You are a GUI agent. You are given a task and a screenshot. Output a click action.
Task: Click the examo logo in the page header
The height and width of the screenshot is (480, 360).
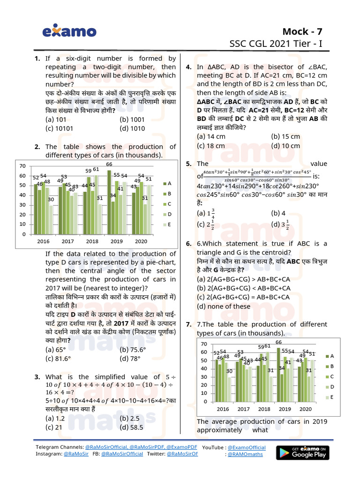(69, 32)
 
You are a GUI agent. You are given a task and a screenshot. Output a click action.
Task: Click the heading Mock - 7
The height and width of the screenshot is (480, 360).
(302, 31)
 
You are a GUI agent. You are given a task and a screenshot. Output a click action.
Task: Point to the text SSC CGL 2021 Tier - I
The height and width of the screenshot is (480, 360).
(276, 44)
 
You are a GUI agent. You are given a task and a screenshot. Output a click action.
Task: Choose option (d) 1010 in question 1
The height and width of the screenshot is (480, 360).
(132, 128)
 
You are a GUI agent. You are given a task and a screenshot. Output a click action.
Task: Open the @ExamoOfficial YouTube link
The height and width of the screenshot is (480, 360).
(246, 448)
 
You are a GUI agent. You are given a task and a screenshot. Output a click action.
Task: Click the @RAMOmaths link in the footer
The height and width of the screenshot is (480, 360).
(245, 454)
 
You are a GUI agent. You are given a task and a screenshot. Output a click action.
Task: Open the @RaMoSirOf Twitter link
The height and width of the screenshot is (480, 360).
(182, 454)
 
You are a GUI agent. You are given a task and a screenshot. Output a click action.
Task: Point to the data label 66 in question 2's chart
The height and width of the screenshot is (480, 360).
(109, 164)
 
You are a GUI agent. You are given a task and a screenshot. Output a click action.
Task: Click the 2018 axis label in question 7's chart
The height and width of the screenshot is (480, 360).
(264, 409)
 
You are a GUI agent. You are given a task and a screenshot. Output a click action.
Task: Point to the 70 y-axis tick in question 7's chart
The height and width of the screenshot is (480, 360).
(204, 344)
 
